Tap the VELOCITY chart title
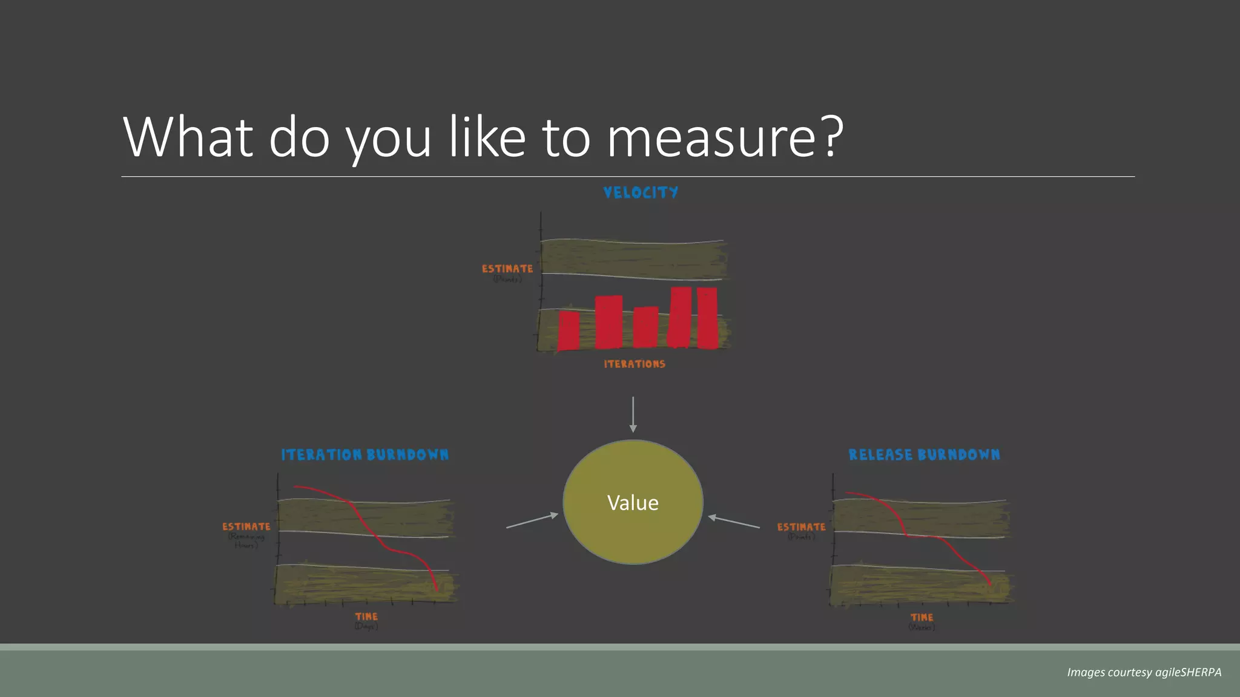click(641, 192)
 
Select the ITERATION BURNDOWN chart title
click(365, 455)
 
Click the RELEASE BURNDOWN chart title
click(924, 455)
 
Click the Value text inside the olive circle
click(633, 503)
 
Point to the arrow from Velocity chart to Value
click(633, 414)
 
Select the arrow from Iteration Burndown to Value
click(532, 521)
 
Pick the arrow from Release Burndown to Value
click(734, 522)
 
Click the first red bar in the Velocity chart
click(568, 330)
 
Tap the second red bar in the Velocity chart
click(608, 322)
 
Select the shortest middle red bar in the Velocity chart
click(645, 327)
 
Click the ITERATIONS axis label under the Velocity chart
click(635, 364)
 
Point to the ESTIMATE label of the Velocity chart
click(507, 269)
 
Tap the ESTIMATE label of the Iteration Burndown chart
click(246, 527)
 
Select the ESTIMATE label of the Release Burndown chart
click(801, 528)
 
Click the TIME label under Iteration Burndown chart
click(366, 617)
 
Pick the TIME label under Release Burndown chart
click(922, 617)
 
